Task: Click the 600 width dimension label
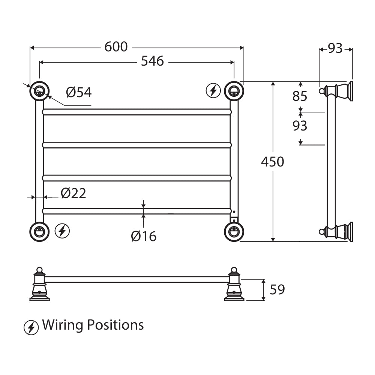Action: (116, 47)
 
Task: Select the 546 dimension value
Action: (152, 61)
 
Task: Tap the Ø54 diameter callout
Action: (79, 92)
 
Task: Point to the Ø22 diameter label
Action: (73, 193)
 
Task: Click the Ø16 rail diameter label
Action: (144, 237)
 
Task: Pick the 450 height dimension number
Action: (273, 162)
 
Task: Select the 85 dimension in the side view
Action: (300, 96)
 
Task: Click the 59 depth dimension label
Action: (277, 290)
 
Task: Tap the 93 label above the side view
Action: (335, 48)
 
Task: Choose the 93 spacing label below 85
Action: (300, 126)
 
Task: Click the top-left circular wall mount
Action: (39, 91)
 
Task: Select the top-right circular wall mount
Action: (234, 91)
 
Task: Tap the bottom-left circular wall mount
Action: (39, 231)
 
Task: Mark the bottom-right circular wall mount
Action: (234, 231)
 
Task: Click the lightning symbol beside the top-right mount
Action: (213, 91)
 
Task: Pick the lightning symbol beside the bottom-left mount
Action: (62, 231)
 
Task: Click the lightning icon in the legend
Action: (31, 327)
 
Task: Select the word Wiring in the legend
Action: (62, 325)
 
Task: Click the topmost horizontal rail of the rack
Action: (136, 112)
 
